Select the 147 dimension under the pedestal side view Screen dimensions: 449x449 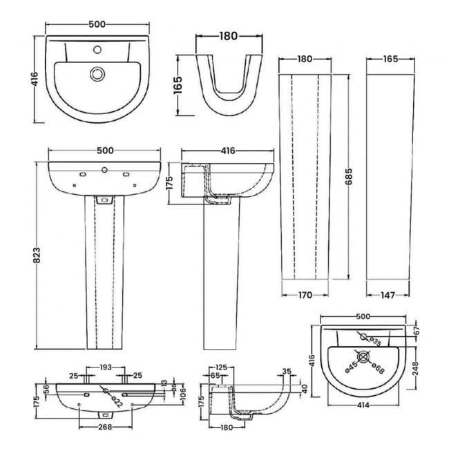(x=388, y=295)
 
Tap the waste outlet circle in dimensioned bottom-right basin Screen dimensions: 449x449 (x=363, y=359)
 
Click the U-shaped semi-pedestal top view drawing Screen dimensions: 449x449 (x=227, y=86)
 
